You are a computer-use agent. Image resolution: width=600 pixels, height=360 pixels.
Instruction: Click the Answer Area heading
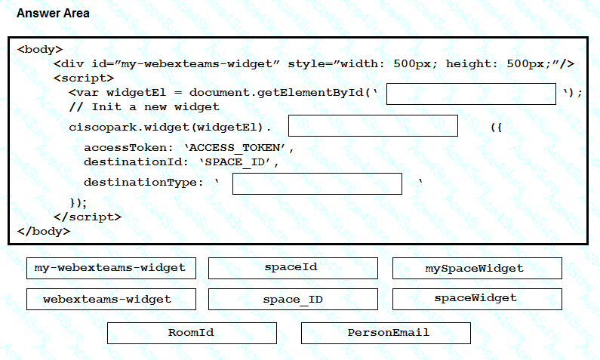[x=53, y=14]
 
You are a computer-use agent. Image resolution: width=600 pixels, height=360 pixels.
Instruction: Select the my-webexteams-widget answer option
[x=110, y=268]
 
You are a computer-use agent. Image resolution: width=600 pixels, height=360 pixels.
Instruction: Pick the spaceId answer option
[x=293, y=268]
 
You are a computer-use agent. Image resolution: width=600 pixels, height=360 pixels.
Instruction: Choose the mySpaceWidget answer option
[x=477, y=268]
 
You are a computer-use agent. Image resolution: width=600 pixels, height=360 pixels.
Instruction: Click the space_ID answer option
[x=293, y=299]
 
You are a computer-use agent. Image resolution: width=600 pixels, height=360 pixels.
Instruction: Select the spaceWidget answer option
[x=477, y=299]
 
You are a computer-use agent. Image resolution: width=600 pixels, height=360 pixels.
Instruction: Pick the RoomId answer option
[x=192, y=333]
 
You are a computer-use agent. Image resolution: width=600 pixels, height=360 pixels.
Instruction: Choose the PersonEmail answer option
[x=386, y=333]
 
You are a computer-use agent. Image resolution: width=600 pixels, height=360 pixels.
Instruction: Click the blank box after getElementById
[x=471, y=94]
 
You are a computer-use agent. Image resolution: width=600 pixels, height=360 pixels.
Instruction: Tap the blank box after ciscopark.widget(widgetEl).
[x=373, y=126]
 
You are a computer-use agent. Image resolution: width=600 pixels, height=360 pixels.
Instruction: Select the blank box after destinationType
[x=317, y=183]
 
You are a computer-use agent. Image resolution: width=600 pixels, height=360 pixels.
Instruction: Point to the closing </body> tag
[x=43, y=231]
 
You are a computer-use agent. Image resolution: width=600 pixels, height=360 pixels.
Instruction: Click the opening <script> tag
[x=83, y=78]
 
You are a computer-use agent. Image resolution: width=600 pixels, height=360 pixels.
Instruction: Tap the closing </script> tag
[x=88, y=217]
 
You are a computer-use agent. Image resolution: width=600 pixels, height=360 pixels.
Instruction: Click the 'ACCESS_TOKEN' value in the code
[x=238, y=148]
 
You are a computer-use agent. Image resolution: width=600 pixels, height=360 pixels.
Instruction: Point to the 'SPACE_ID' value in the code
[x=239, y=162]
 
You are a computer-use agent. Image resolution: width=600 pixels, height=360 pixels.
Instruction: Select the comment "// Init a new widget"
[x=144, y=106]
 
